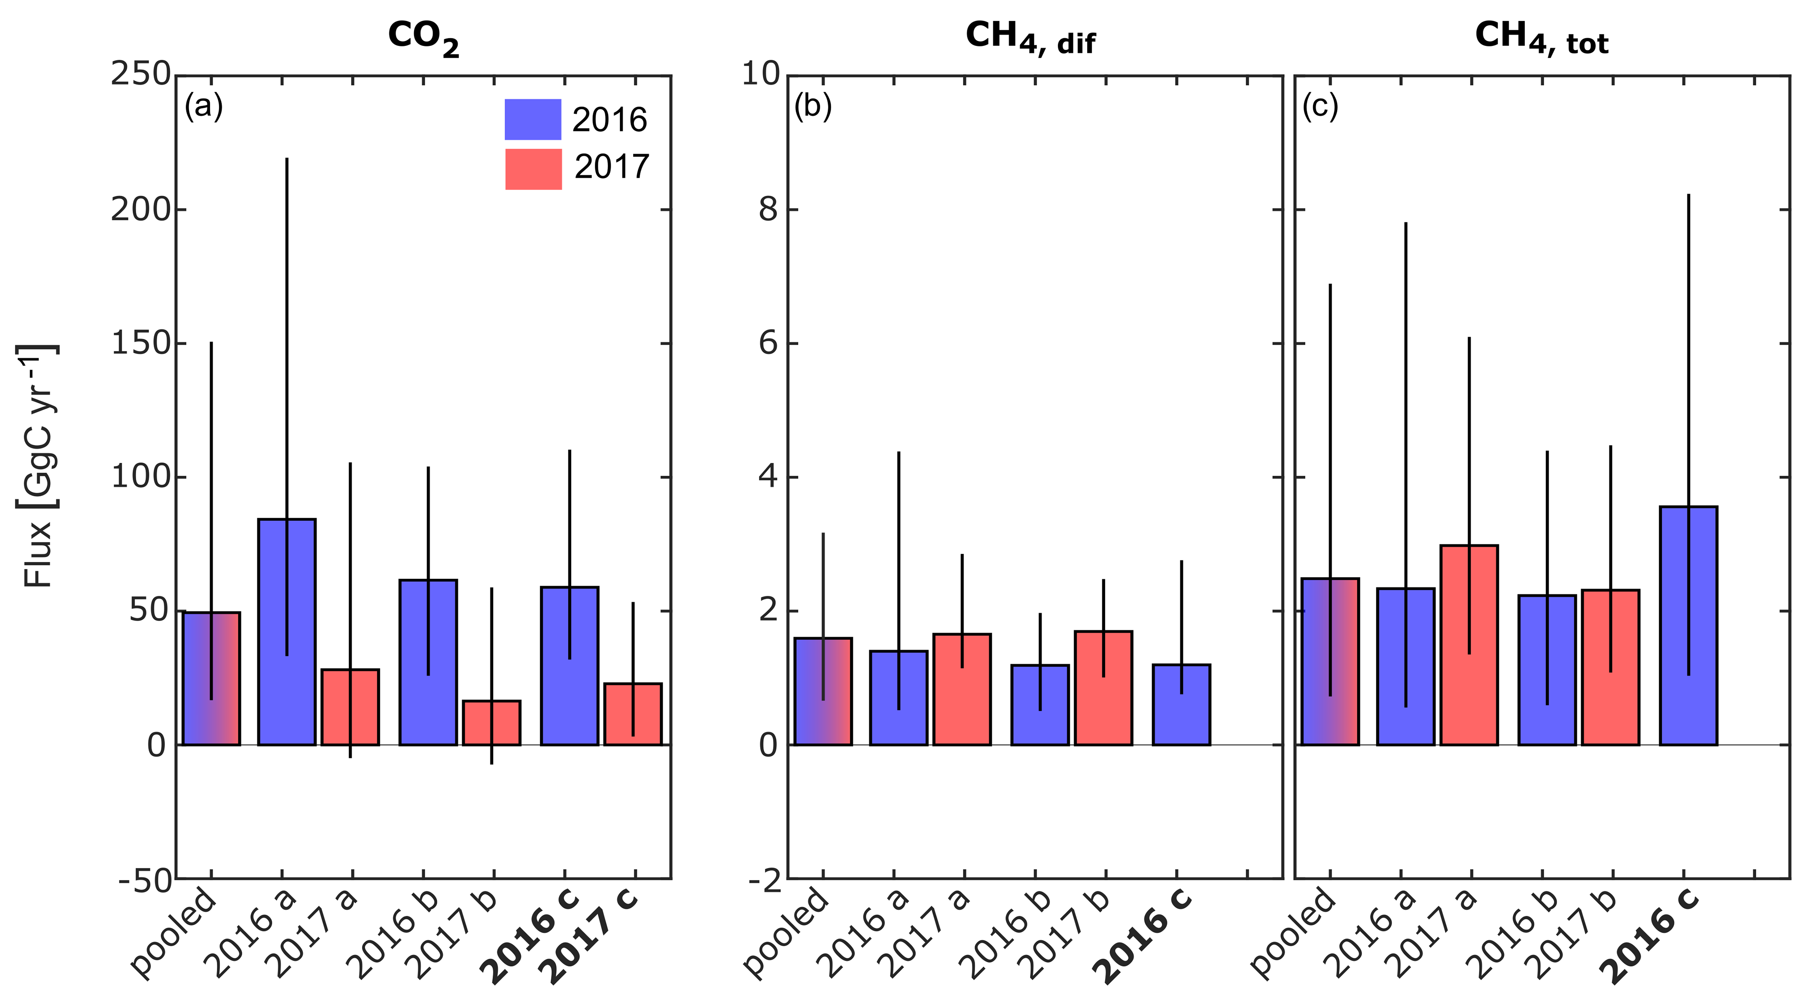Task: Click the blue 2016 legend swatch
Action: (x=533, y=119)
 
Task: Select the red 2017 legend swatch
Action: (x=533, y=169)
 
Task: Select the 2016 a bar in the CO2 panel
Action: (x=287, y=631)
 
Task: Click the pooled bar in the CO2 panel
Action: (x=211, y=678)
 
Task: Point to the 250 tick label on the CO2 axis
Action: (x=140, y=74)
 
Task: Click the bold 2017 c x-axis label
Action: (x=593, y=936)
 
